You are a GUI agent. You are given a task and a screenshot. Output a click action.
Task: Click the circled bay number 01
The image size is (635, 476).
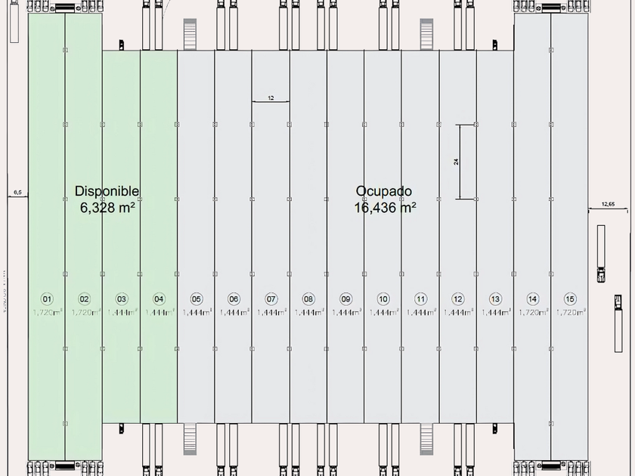[x=47, y=298]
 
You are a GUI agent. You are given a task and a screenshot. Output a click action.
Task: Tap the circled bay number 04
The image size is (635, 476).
[x=159, y=298]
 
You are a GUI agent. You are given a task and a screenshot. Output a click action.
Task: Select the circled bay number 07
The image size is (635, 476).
[x=271, y=298]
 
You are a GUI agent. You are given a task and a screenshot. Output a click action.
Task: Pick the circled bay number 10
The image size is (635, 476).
[x=383, y=298]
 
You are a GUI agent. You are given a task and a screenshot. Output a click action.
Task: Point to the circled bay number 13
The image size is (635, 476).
[x=495, y=298]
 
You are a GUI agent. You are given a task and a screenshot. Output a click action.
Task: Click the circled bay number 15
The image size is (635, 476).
[x=570, y=298]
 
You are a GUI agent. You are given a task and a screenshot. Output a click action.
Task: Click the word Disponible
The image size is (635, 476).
[x=107, y=192]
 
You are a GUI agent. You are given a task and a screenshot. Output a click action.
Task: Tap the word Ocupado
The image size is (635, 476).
[x=384, y=192]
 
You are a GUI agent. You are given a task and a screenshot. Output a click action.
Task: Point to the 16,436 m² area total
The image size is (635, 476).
[x=385, y=207]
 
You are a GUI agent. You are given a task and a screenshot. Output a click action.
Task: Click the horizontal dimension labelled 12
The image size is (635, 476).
[x=271, y=98]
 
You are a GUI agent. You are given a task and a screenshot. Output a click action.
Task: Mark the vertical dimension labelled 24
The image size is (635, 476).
[x=457, y=161]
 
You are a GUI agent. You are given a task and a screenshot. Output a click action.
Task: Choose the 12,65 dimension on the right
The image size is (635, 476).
[x=608, y=204]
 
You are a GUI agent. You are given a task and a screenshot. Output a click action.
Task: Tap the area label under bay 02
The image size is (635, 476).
[x=85, y=311]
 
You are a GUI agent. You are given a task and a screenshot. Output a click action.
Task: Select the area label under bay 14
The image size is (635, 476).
[x=533, y=311]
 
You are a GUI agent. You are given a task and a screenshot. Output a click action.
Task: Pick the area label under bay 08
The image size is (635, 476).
[x=308, y=311]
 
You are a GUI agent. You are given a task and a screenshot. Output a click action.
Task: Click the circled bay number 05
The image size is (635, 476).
[x=197, y=298]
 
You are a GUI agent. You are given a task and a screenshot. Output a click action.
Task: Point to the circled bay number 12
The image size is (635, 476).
[x=458, y=298]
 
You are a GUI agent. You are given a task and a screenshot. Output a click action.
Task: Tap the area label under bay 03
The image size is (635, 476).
[x=122, y=311]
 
